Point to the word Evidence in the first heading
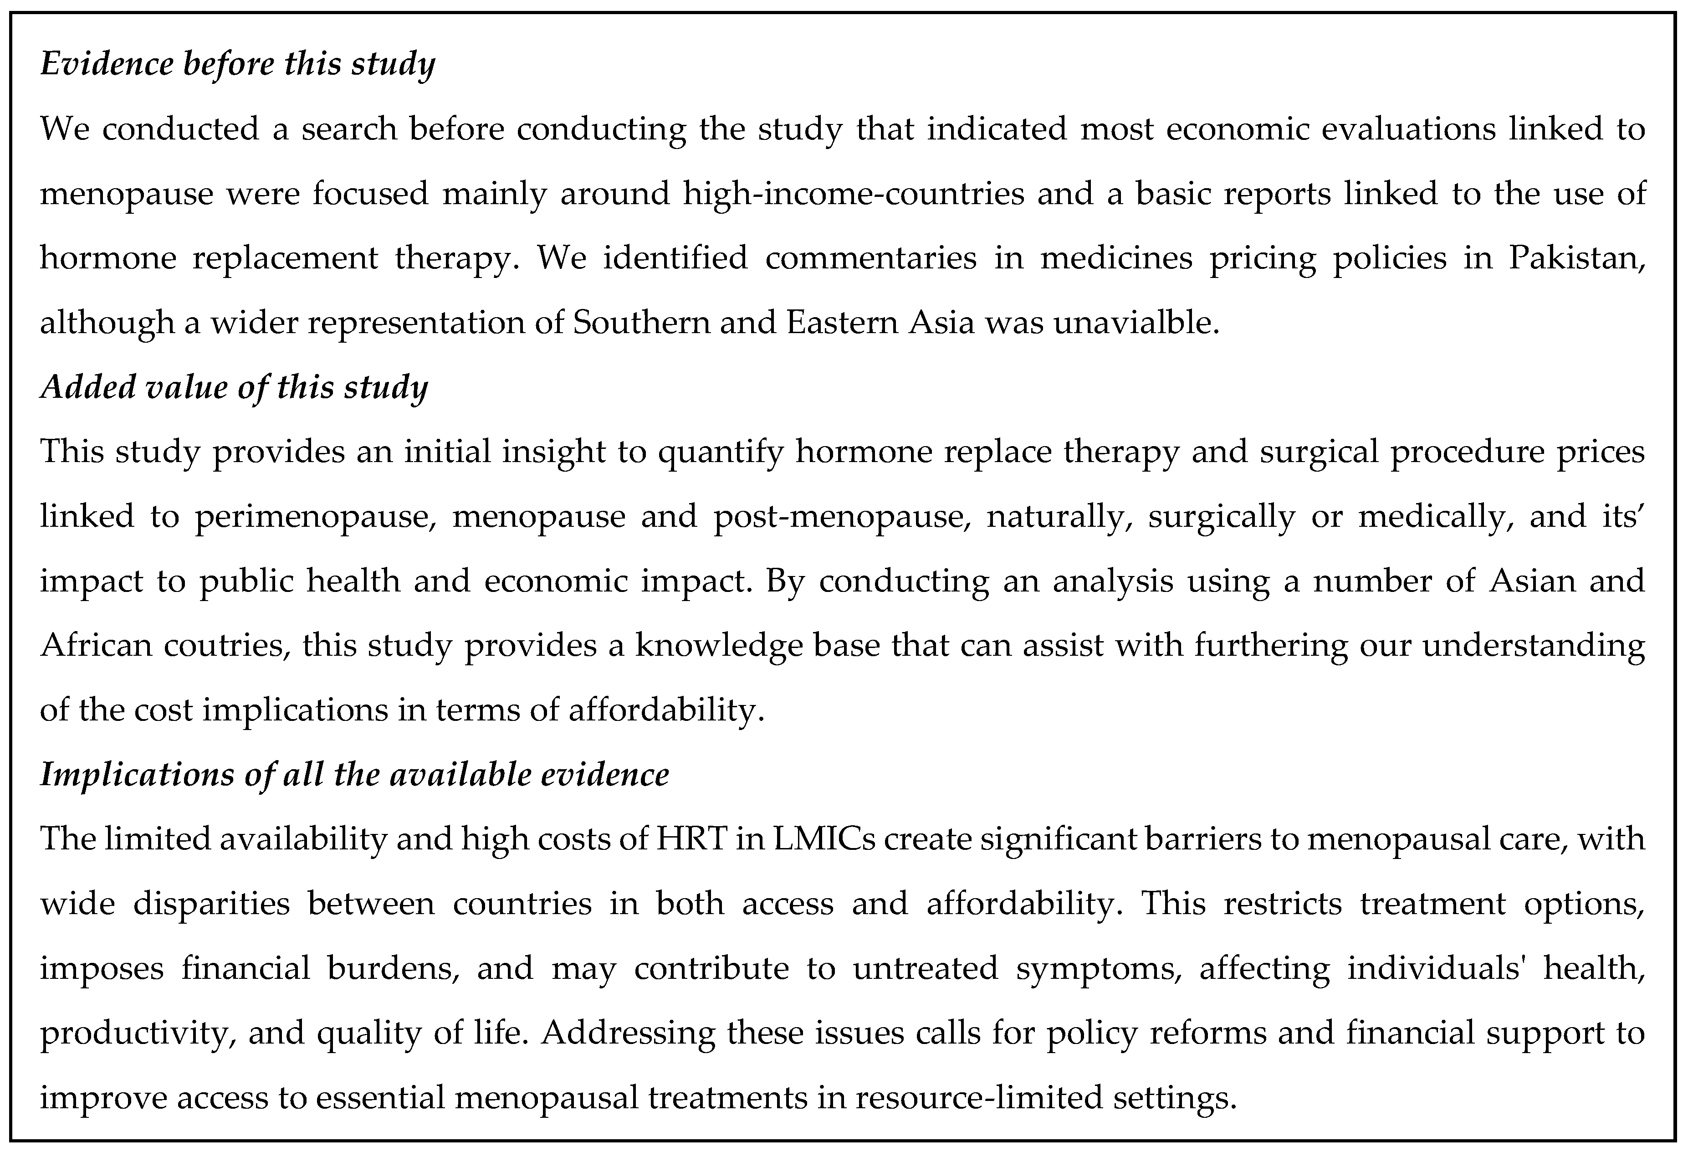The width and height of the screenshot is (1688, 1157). [105, 64]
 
